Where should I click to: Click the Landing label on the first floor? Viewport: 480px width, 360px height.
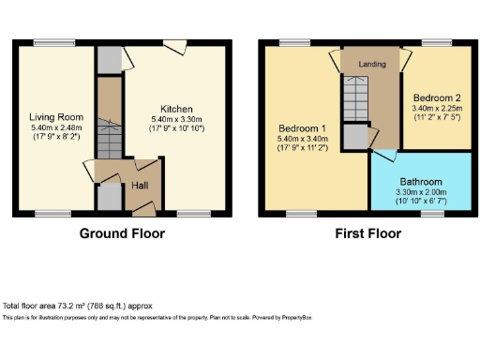373,64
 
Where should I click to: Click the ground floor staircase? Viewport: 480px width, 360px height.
110,141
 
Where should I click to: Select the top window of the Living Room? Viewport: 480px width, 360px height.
48,41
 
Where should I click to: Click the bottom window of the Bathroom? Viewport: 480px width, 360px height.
432,214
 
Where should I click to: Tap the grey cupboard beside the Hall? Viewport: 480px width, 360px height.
110,198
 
